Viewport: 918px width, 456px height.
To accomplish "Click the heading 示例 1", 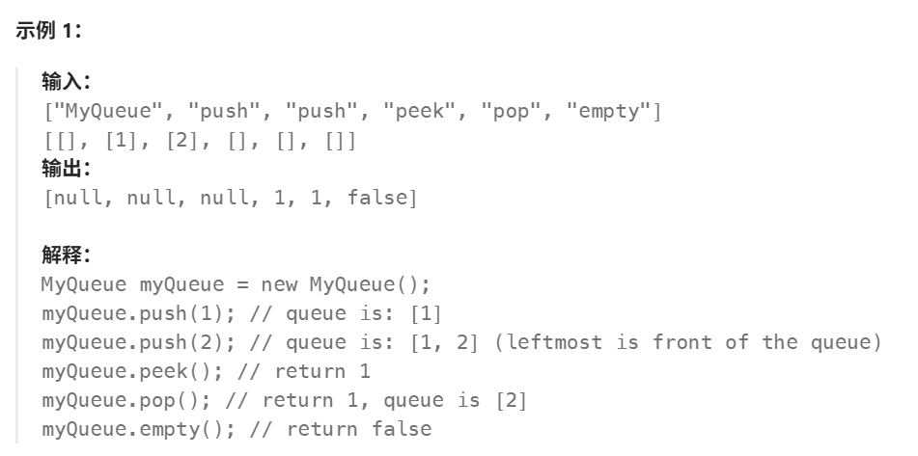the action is [x=50, y=30].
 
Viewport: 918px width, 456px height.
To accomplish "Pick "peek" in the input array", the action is [x=420, y=111].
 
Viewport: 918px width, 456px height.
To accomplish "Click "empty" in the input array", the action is [x=609, y=111].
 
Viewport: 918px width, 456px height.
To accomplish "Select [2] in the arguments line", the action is [x=181, y=141].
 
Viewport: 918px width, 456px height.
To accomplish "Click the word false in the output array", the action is [x=377, y=199].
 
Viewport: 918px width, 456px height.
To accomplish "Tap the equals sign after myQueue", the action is [x=244, y=285].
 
